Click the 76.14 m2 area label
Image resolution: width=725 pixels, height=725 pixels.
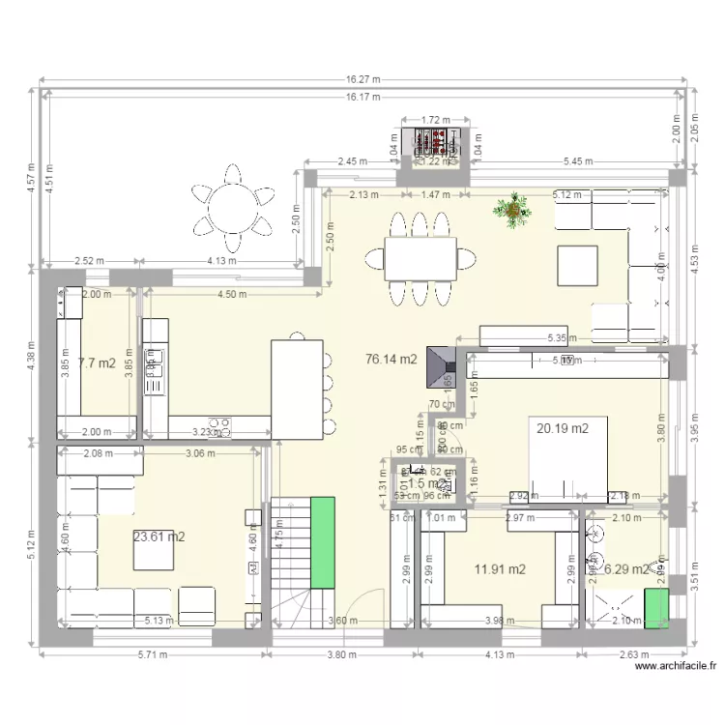click(391, 360)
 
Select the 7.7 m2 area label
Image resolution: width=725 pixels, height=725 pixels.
click(97, 363)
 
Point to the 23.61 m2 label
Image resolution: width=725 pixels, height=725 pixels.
click(159, 536)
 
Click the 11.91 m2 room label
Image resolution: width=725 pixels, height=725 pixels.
click(499, 569)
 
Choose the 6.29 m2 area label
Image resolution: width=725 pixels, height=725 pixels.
click(625, 569)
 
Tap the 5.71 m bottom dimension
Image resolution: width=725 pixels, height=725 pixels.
click(151, 654)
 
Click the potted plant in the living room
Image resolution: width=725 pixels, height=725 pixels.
click(511, 210)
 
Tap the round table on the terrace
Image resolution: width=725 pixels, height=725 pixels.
click(231, 206)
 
